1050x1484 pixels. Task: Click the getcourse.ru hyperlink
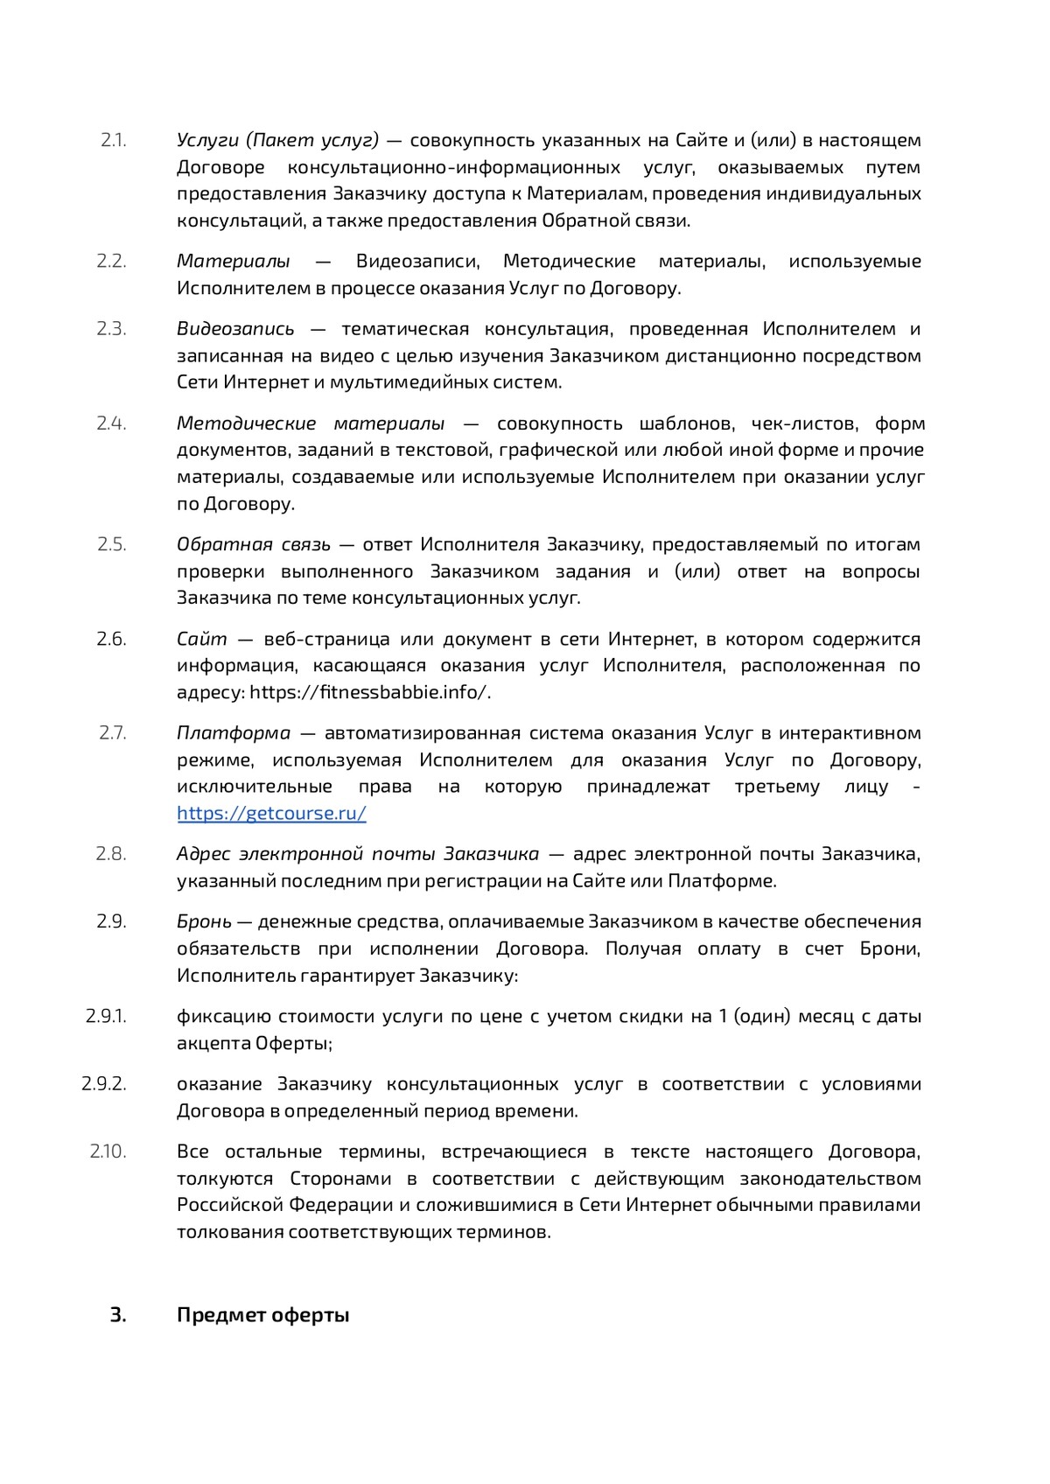click(x=271, y=813)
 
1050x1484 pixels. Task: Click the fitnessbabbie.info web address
click(x=368, y=692)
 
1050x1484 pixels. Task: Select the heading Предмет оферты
click(x=262, y=1315)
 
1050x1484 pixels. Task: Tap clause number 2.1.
click(x=113, y=140)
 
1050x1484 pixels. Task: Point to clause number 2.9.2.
click(x=104, y=1083)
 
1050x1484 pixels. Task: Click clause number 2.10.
click(x=108, y=1151)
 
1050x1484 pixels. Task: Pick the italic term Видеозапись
click(x=235, y=329)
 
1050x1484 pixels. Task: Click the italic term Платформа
click(x=234, y=732)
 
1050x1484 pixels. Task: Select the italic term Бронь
click(x=204, y=921)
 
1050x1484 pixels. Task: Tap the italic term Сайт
click(x=201, y=639)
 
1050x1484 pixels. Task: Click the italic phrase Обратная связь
click(x=254, y=544)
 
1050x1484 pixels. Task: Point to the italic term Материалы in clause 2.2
click(x=234, y=261)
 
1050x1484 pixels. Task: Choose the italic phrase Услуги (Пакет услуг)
click(x=277, y=140)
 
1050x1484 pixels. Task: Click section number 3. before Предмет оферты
click(x=118, y=1315)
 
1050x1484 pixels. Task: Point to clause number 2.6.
click(x=111, y=639)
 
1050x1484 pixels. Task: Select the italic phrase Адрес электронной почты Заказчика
click(x=358, y=853)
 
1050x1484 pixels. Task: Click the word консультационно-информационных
click(x=454, y=167)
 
